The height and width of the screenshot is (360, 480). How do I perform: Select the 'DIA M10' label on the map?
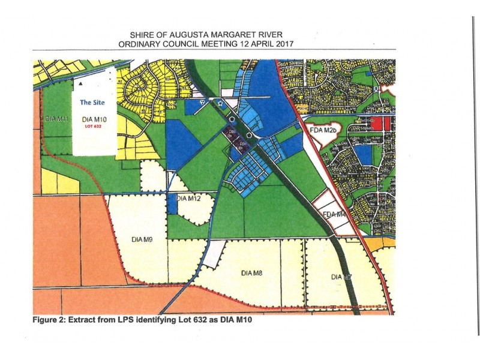point(92,120)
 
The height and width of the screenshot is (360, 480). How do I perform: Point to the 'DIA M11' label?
point(58,119)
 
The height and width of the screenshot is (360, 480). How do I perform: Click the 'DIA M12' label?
point(188,198)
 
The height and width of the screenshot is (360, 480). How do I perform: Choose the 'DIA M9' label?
point(140,239)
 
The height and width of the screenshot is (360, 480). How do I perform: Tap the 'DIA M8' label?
point(253,273)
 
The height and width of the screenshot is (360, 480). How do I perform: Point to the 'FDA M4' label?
point(334,214)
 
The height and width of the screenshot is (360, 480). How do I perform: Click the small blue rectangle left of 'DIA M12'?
point(172,203)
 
